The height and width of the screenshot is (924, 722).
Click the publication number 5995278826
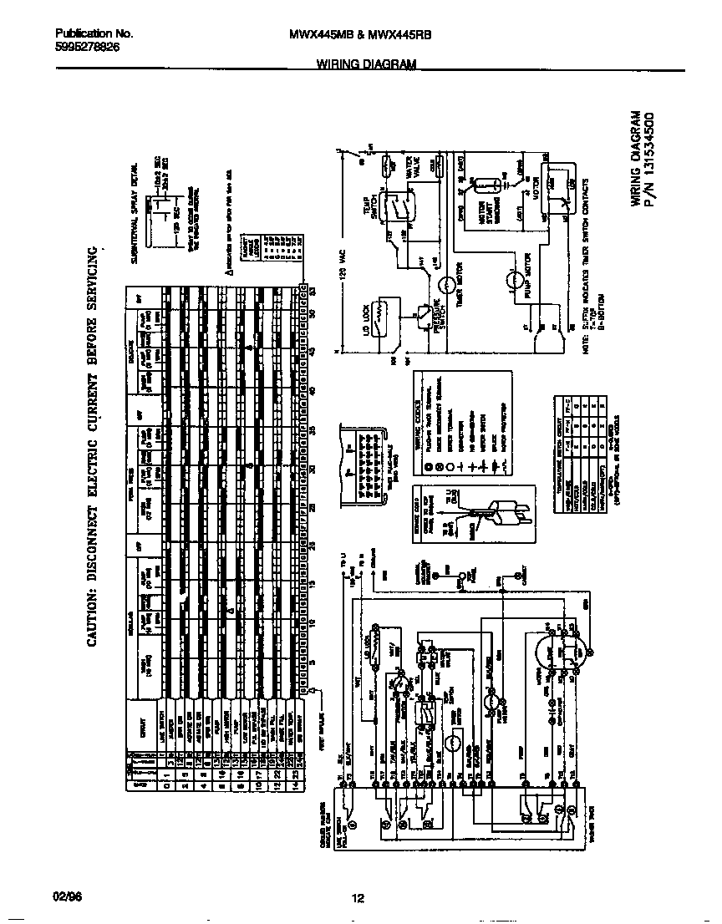pos(86,48)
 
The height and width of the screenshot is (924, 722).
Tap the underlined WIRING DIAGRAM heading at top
pos(366,63)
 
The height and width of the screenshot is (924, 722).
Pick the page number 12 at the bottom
pos(358,898)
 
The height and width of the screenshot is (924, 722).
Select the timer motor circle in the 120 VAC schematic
pos(450,287)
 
